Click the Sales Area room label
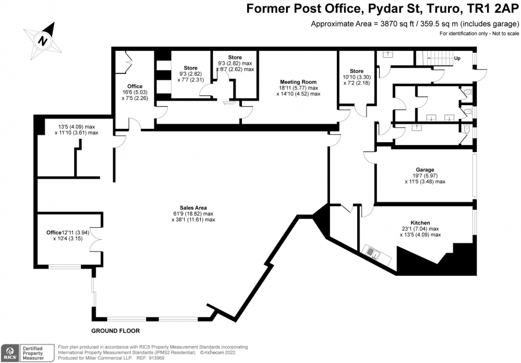point(193,208)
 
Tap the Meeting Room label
point(298,82)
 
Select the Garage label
point(425,170)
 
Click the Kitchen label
point(420,223)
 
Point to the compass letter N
point(42,41)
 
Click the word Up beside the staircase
point(457,58)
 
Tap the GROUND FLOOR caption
point(116,331)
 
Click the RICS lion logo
point(10,353)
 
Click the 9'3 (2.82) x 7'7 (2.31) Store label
point(190,73)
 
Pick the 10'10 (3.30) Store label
point(357,77)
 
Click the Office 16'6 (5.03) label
point(134,92)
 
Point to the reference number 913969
point(156,358)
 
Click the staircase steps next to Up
point(432,58)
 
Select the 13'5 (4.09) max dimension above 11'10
point(76,127)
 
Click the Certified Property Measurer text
point(33,353)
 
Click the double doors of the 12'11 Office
point(97,239)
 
